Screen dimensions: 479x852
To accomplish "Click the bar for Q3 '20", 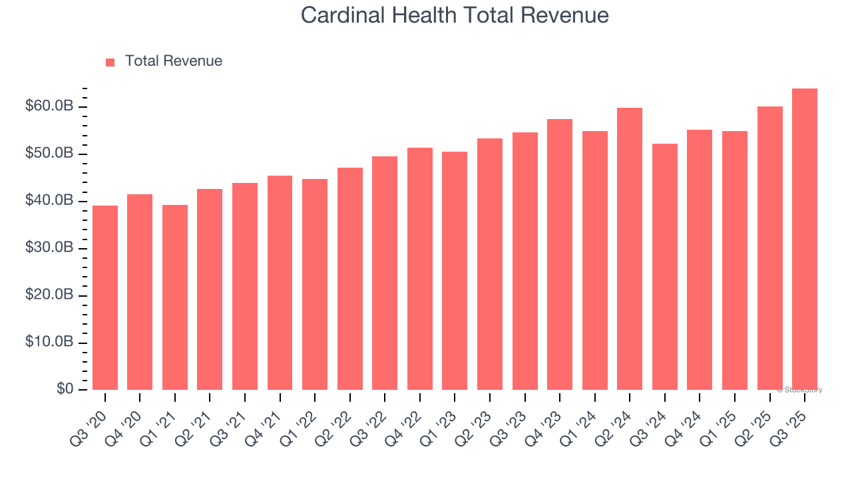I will [x=105, y=297].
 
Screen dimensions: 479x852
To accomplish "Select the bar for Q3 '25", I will [x=805, y=239].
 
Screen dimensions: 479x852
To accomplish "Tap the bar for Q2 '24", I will [x=630, y=249].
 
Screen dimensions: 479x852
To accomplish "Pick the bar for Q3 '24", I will [x=665, y=267].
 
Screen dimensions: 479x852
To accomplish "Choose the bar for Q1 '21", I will [x=175, y=297].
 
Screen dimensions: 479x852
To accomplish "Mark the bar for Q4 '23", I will [x=560, y=254].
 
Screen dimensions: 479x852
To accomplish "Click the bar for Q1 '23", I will [x=455, y=271].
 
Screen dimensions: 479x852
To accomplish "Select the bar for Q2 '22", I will [x=350, y=279].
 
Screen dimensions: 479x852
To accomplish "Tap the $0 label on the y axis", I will [x=65, y=389].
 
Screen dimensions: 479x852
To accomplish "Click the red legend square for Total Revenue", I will [x=110, y=62].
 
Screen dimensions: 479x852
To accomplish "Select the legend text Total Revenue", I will [x=173, y=61].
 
